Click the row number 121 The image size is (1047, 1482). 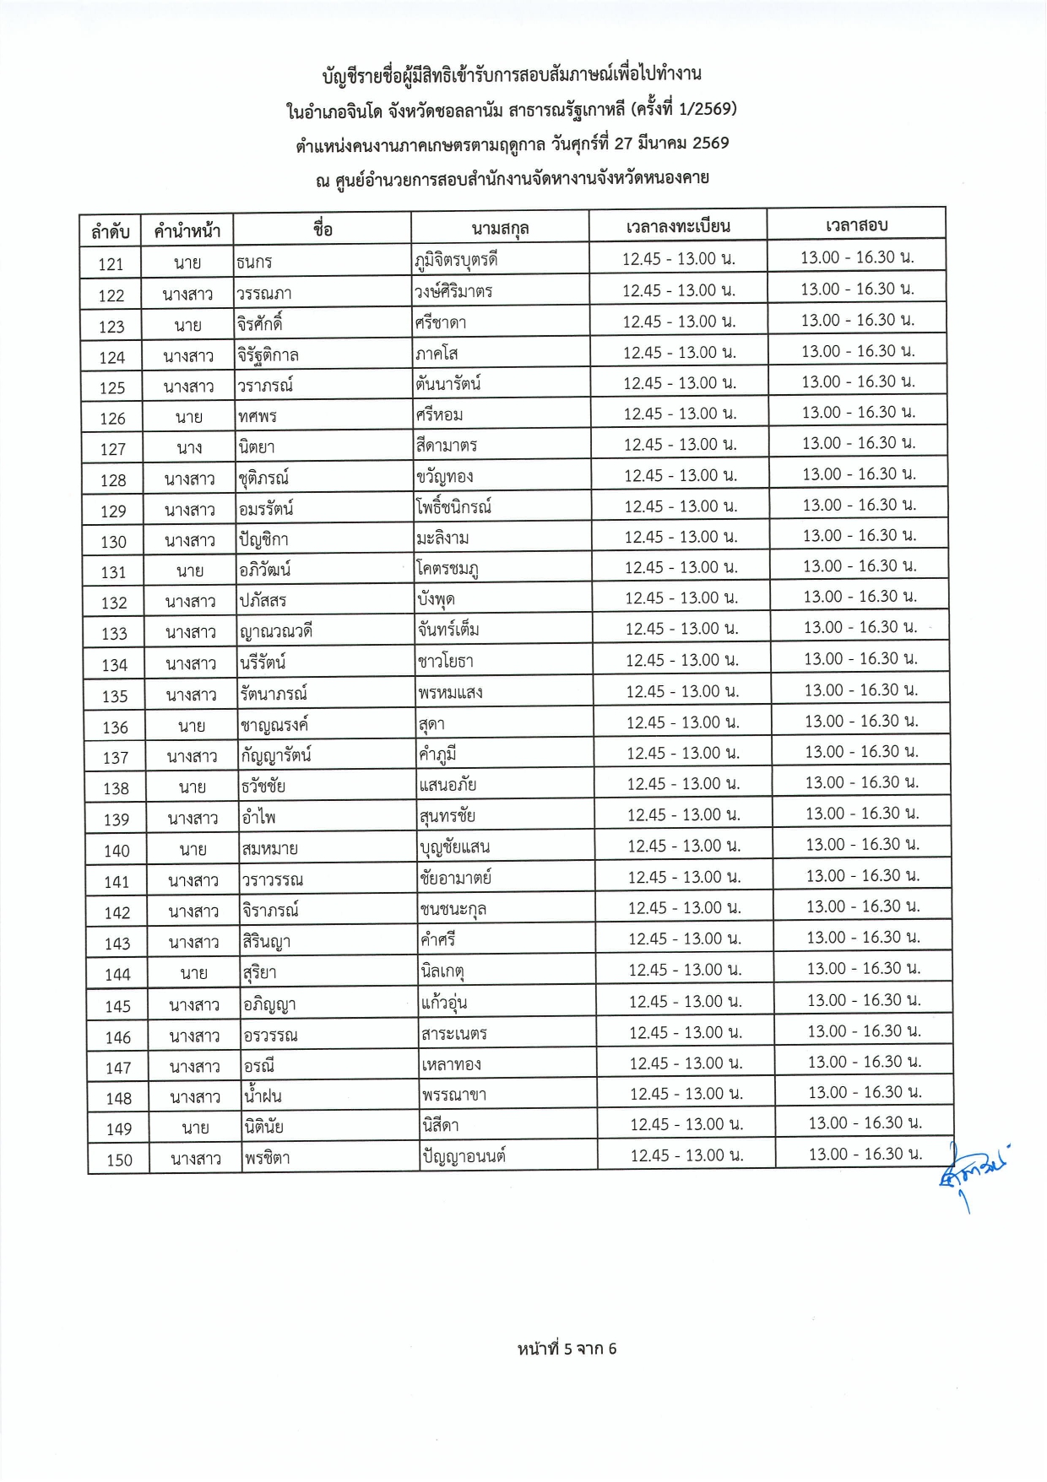point(111,264)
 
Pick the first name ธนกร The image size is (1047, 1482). point(254,262)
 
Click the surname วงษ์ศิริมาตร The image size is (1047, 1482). point(453,292)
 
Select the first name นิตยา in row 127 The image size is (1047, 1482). point(257,446)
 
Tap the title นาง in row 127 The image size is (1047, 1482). point(189,448)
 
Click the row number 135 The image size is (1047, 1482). point(115,696)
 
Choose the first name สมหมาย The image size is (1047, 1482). point(269,848)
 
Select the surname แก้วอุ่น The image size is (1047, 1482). point(443,1003)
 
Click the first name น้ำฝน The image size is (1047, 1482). point(262,1096)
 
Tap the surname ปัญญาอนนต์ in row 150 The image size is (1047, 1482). point(463,1156)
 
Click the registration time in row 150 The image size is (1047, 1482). point(686,1155)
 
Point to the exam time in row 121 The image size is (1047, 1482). point(857,257)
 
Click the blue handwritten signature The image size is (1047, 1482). point(971,1173)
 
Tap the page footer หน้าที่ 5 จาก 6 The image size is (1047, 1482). point(567,1349)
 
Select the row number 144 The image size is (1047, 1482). point(117,975)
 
